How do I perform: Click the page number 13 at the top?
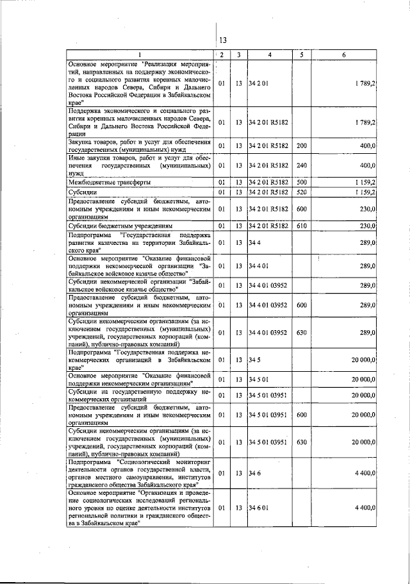pyautogui.click(x=223, y=40)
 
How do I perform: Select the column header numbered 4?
pyautogui.click(x=270, y=54)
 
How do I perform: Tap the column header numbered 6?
pyautogui.click(x=344, y=54)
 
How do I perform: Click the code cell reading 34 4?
pyautogui.click(x=256, y=243)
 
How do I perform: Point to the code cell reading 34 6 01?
pyautogui.click(x=259, y=507)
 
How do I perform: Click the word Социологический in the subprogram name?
pyautogui.click(x=151, y=462)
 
